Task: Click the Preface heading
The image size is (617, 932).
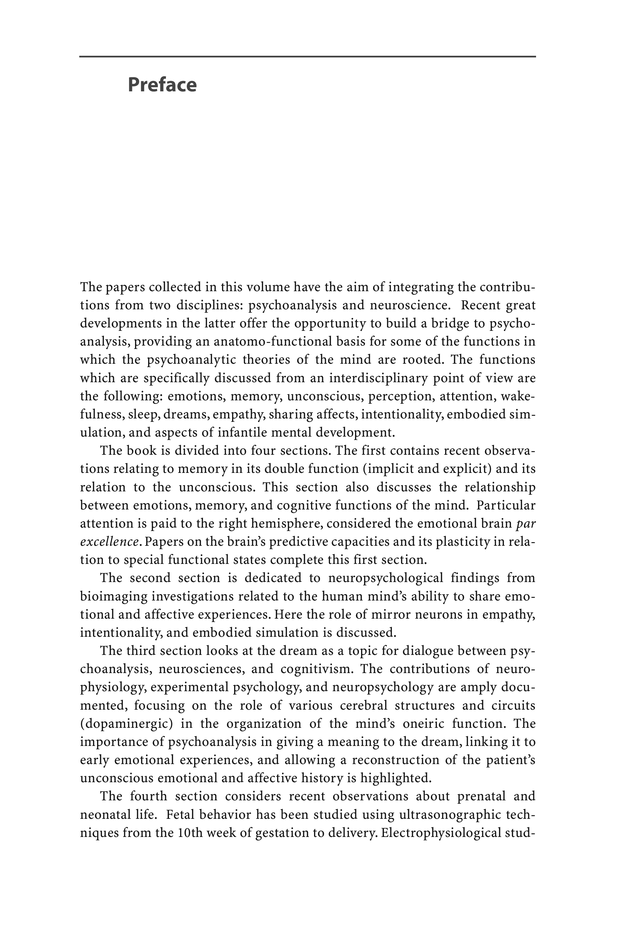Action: (162, 85)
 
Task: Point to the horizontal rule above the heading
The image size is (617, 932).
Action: (307, 57)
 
